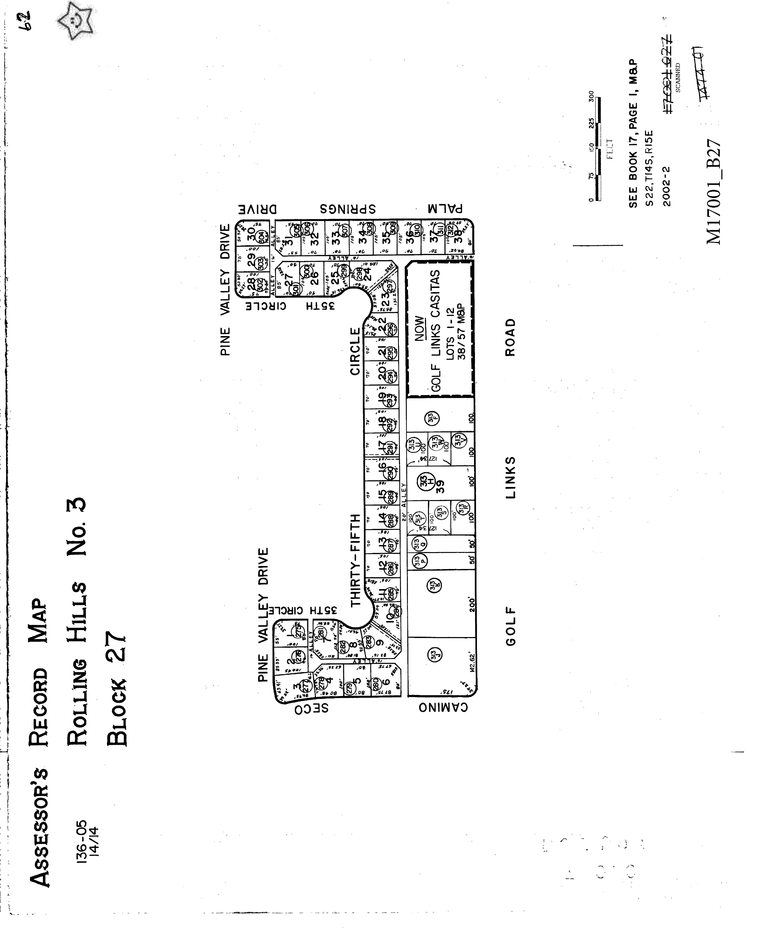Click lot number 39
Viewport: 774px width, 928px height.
pyautogui.click(x=440, y=486)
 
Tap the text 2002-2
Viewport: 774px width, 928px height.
pyautogui.click(x=667, y=186)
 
